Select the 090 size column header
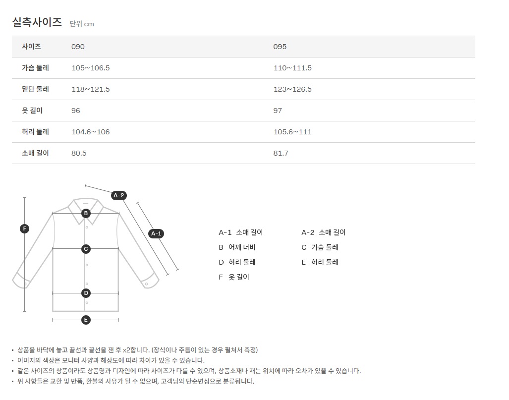78,47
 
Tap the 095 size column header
280,47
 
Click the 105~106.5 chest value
91,68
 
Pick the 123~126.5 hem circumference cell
292,89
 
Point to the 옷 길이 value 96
76,111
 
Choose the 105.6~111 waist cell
292,132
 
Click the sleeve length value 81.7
281,153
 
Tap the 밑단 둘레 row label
35,89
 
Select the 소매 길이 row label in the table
35,153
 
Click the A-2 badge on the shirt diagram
118,195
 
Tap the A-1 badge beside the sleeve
156,233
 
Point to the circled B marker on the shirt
86,213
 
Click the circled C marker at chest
86,249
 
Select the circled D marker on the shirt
86,293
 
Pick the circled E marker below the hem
86,320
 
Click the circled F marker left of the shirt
24,229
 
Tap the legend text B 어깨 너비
237,247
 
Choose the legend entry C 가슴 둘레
320,247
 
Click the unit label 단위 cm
82,24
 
